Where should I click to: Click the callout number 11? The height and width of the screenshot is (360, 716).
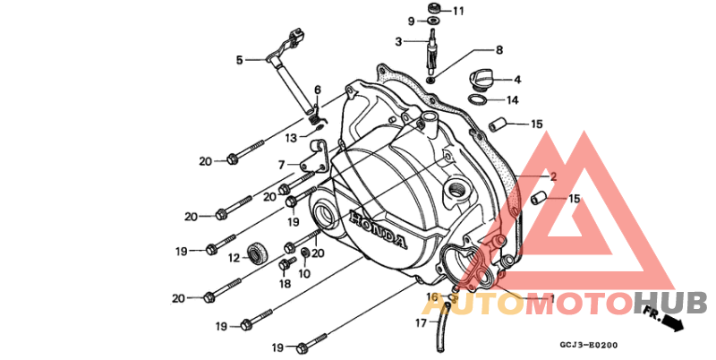point(458,11)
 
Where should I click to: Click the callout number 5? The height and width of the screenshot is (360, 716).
point(239,60)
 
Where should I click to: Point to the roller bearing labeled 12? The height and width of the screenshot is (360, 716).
point(257,254)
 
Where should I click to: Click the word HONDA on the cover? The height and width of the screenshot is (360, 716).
point(378,229)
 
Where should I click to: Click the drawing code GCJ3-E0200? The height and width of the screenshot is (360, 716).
point(589,346)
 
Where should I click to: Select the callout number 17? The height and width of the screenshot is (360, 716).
point(421,323)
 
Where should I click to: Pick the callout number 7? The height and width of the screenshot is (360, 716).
point(282,165)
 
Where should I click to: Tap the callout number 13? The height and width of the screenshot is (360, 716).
point(291,138)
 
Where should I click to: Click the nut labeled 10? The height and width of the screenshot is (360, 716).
point(305,252)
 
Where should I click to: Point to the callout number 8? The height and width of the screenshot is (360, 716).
point(499,50)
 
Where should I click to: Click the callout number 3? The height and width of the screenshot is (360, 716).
point(398,42)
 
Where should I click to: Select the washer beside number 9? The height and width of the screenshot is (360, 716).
point(430,21)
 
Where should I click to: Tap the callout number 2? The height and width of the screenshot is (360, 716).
point(553,176)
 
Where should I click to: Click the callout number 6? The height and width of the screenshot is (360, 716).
point(318,90)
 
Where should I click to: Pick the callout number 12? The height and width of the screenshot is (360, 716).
point(234,259)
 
